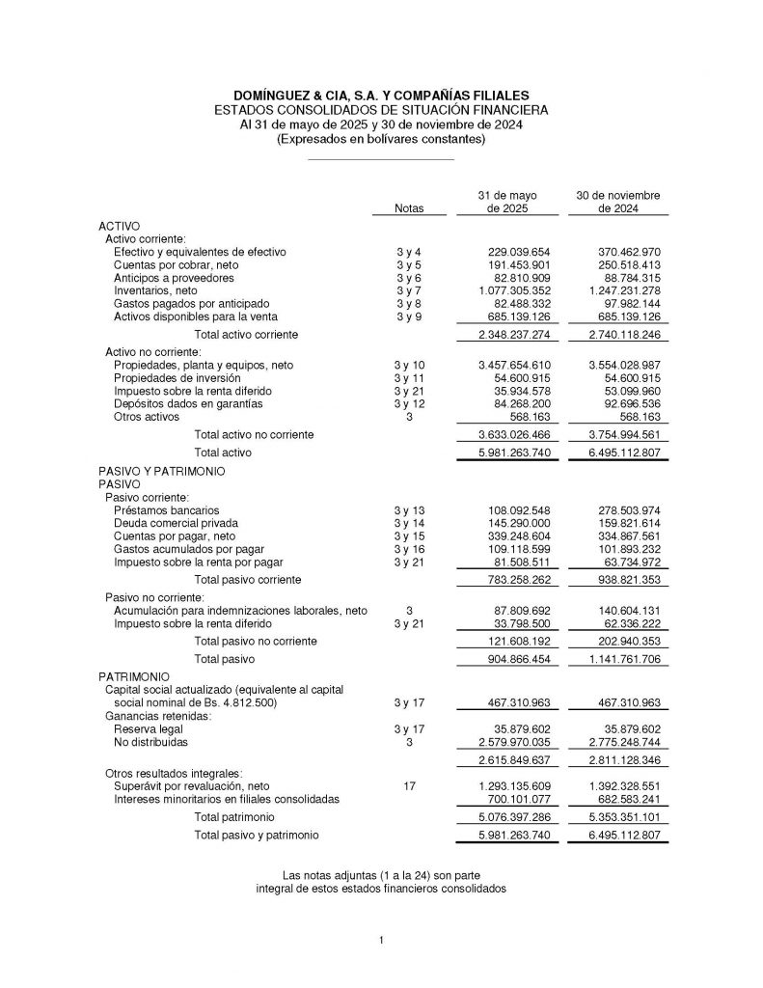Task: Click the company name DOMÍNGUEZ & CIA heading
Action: click(381, 96)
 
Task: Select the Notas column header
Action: click(408, 208)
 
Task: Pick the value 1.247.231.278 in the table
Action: click(623, 289)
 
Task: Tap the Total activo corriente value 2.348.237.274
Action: click(514, 334)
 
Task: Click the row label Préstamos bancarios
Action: click(166, 508)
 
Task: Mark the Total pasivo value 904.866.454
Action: click(515, 660)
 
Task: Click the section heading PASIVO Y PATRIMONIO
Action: click(161, 471)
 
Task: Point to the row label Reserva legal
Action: click(148, 729)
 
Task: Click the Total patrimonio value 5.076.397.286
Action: click(514, 817)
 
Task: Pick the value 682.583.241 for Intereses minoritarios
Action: click(623, 799)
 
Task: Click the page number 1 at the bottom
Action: click(382, 940)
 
